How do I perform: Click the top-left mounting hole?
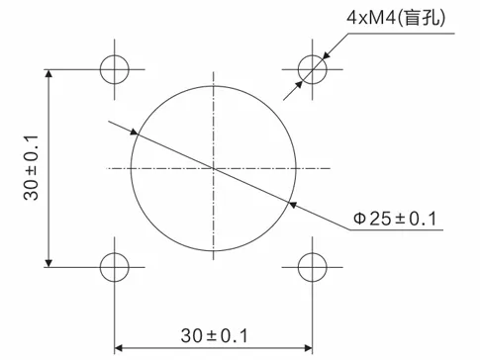pyautogui.click(x=115, y=69)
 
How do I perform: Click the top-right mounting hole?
pyautogui.click(x=313, y=69)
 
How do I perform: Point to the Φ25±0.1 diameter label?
pyautogui.click(x=395, y=219)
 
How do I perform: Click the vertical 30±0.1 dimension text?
pyautogui.click(x=31, y=168)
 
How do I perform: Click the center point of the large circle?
pyautogui.click(x=214, y=168)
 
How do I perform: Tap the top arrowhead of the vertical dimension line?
pyautogui.click(x=48, y=75)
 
